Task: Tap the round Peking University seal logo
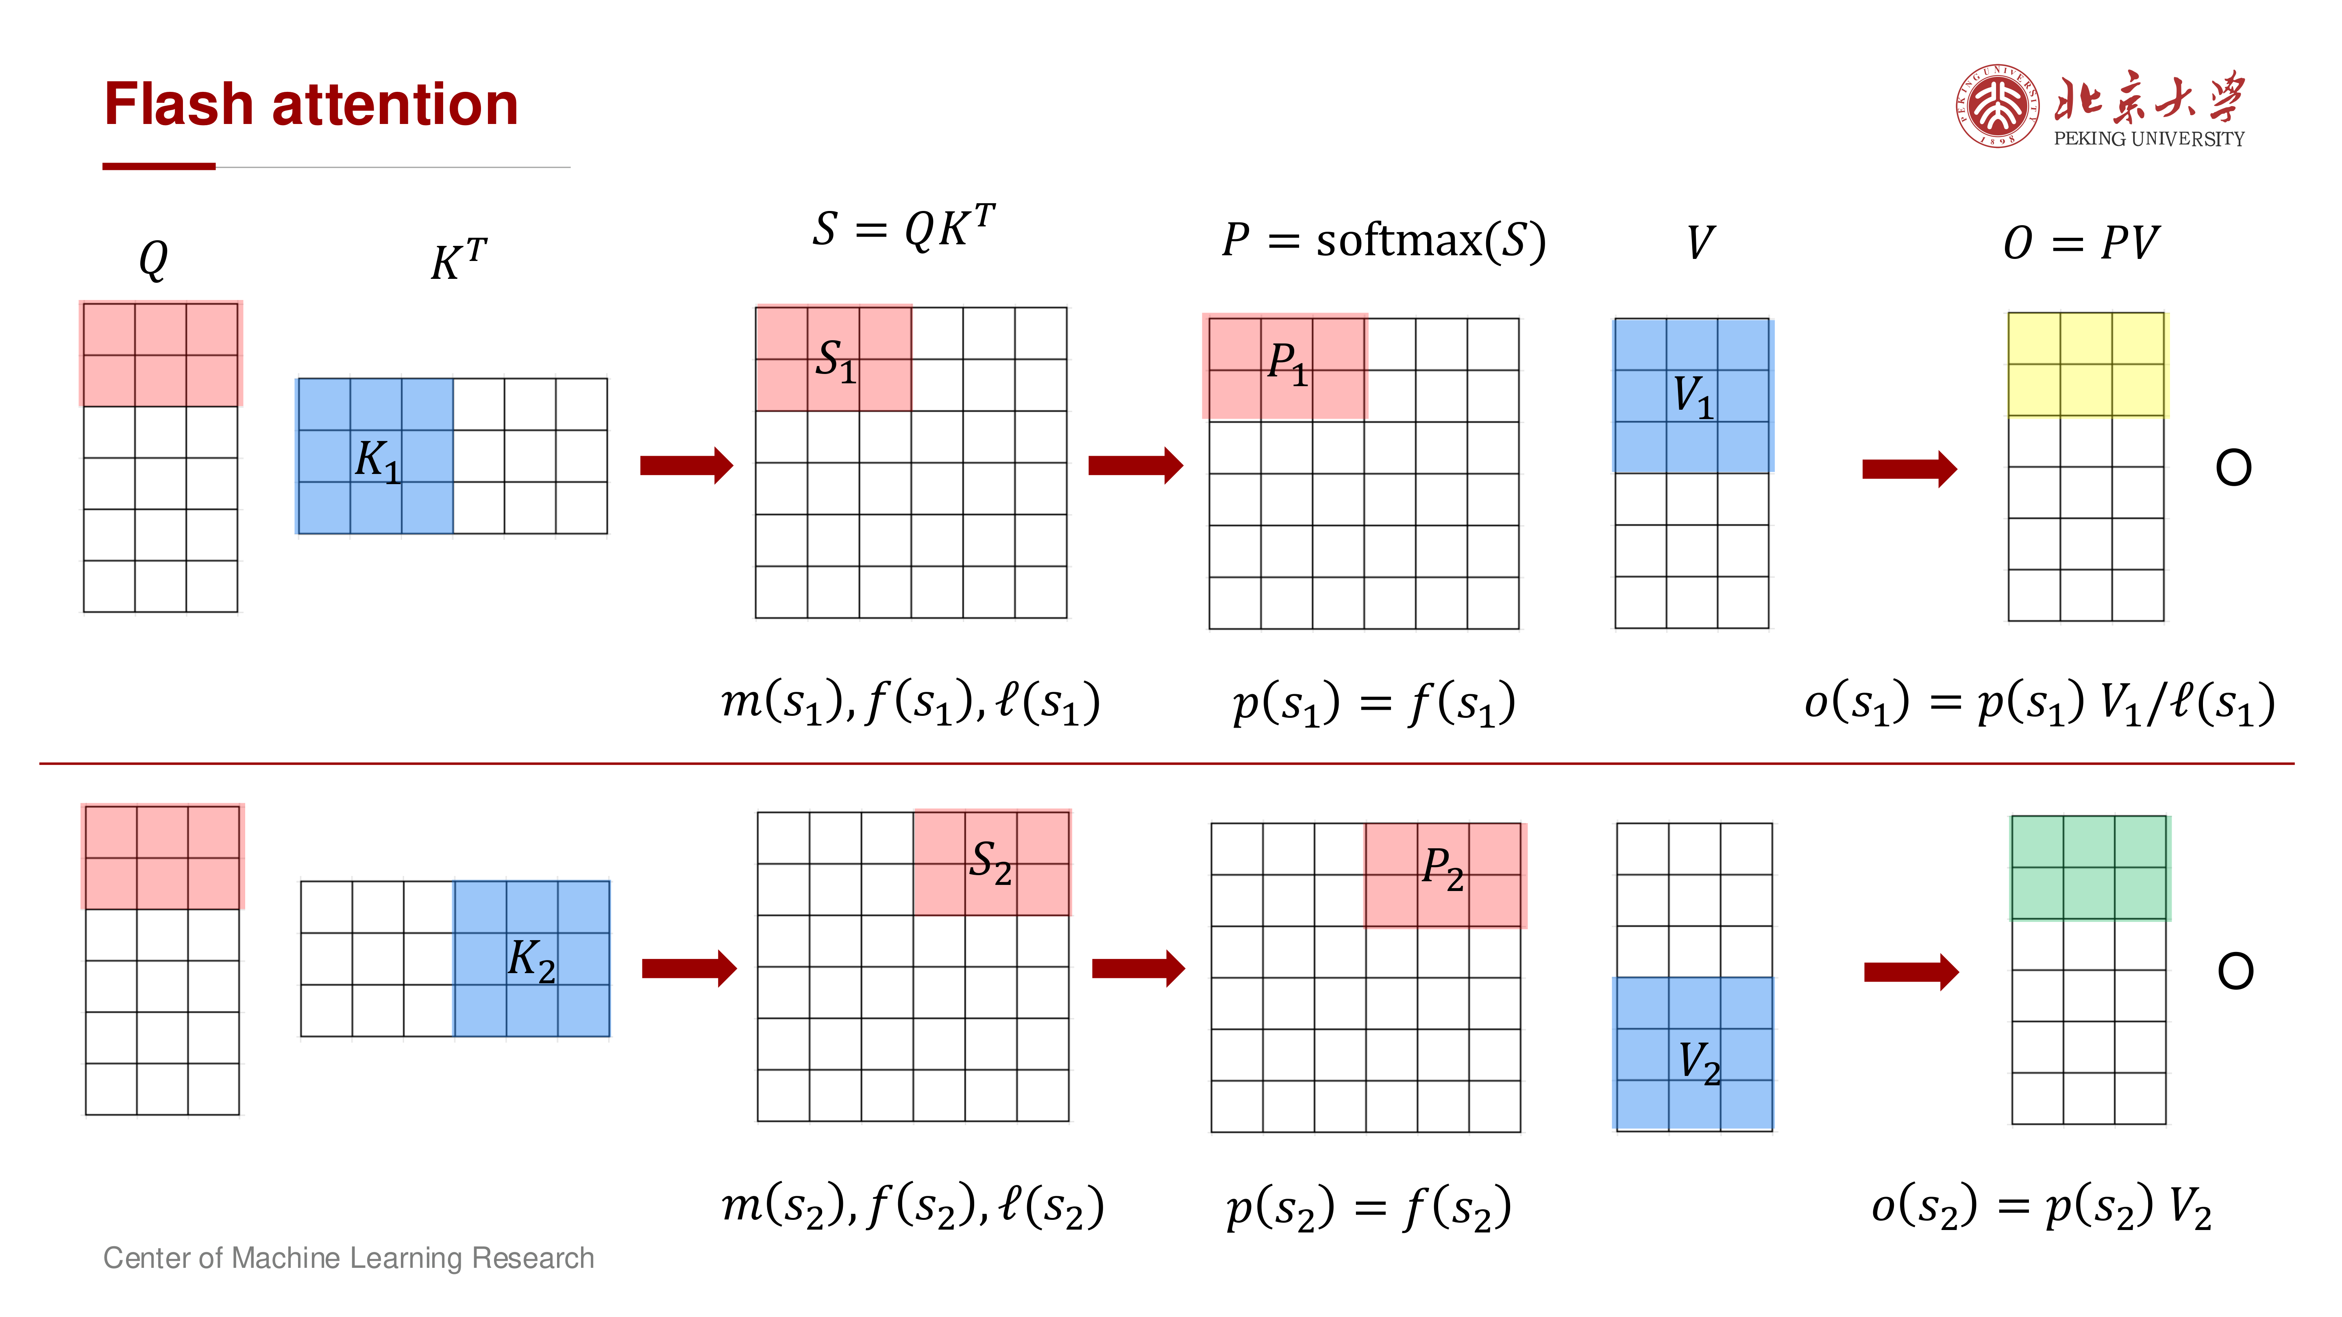[x=1998, y=105]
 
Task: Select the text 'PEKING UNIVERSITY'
[x=2149, y=139]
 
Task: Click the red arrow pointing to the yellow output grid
[x=1909, y=469]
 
